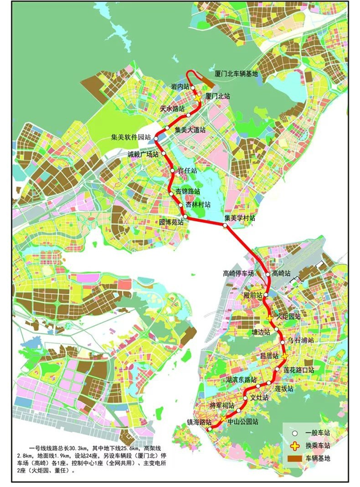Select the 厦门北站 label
[218, 97]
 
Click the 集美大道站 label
[191, 129]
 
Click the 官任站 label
[187, 170]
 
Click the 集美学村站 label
[240, 217]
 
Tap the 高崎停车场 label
[238, 273]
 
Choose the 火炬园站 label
[288, 316]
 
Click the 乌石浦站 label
[300, 341]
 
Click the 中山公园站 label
[243, 422]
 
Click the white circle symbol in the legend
[294, 433]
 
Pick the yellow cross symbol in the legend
[294, 445]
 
